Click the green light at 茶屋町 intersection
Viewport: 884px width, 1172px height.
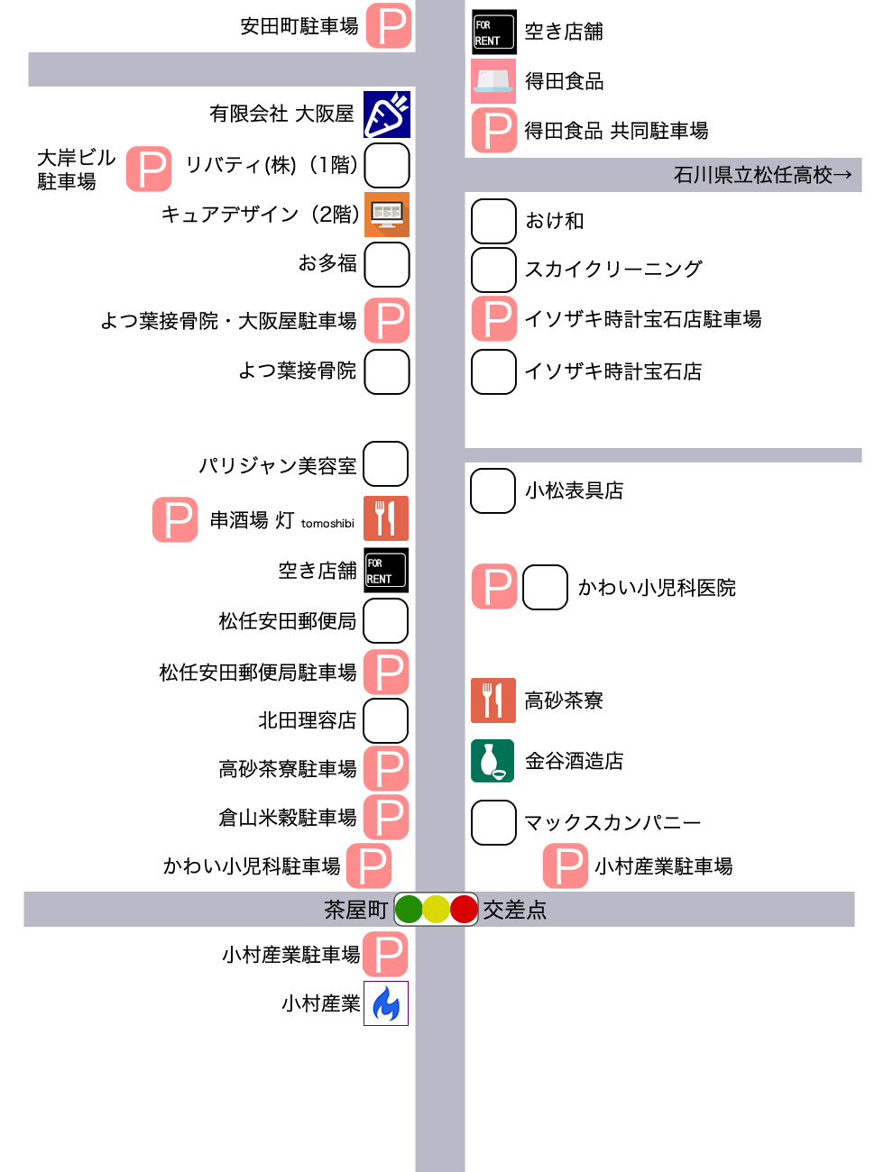pyautogui.click(x=409, y=909)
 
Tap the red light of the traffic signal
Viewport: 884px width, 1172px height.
pyautogui.click(x=464, y=909)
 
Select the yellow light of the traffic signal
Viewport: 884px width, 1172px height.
pyautogui.click(x=436, y=909)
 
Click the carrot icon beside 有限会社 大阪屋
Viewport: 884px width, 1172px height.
pyautogui.click(x=387, y=114)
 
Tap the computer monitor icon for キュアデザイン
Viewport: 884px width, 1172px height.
pyautogui.click(x=387, y=215)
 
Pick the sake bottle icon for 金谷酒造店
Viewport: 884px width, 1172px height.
pyautogui.click(x=493, y=761)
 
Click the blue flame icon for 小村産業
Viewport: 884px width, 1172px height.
pyautogui.click(x=386, y=1003)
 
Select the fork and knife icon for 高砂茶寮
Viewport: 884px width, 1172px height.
pyautogui.click(x=493, y=700)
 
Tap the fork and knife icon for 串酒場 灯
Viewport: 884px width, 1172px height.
pyautogui.click(x=386, y=518)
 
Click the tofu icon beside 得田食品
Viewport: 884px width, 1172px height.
pyautogui.click(x=493, y=81)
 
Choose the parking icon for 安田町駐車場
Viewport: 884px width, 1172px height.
pyautogui.click(x=390, y=26)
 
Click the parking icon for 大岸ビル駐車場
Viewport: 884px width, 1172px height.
pyautogui.click(x=149, y=169)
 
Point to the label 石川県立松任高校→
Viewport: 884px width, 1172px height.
pyautogui.click(x=762, y=175)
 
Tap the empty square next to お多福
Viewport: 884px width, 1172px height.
pyautogui.click(x=387, y=264)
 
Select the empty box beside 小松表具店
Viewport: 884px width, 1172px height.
pyautogui.click(x=493, y=490)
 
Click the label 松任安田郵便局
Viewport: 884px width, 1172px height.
pyautogui.click(x=287, y=621)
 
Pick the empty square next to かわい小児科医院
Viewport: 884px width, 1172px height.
pyautogui.click(x=545, y=588)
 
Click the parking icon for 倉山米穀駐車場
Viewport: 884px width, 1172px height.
pyautogui.click(x=386, y=818)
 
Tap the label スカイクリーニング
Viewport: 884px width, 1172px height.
pyautogui.click(x=613, y=269)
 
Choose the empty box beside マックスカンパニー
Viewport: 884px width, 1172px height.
pyautogui.click(x=493, y=822)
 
